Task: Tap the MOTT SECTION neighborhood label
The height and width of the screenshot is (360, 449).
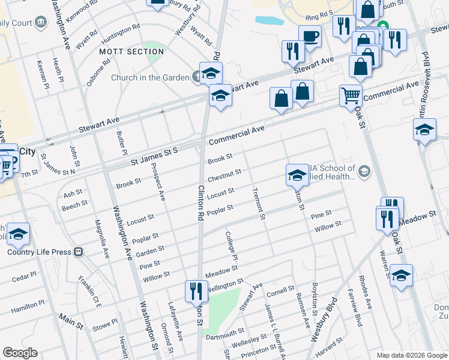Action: coord(131,52)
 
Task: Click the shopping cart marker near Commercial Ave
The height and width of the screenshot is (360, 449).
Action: coord(351,94)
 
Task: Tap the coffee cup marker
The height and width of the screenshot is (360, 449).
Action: coord(310,36)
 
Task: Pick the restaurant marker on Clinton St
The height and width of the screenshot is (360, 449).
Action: coord(196,292)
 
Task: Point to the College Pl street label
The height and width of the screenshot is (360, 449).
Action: coord(232,245)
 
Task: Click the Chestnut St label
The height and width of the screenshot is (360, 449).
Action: coord(224,175)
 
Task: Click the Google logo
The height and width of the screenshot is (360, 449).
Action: coord(20,353)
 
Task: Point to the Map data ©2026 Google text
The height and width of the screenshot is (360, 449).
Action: coord(411,355)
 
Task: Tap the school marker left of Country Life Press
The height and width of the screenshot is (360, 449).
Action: coord(19,234)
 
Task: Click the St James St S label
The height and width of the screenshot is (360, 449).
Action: coord(155,156)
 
